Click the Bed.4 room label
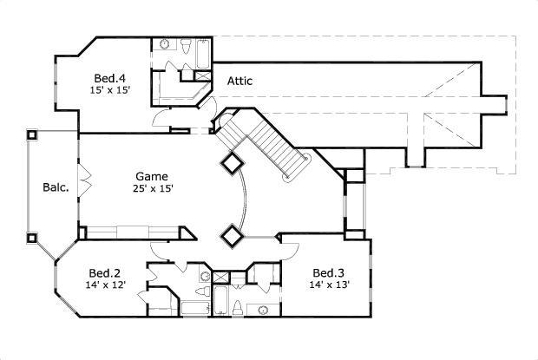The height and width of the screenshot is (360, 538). pos(110,78)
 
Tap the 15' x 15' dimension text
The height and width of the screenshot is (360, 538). pos(110,90)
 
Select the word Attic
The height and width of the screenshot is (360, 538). pos(239,81)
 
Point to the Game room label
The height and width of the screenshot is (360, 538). pos(152,176)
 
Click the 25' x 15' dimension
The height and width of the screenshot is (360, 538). pos(153,188)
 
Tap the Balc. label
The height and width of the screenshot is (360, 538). pos(56,187)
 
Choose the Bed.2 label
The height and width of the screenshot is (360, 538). pos(105,273)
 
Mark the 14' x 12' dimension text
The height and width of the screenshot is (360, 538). pos(106,285)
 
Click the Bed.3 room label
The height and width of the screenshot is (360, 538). pos(328,273)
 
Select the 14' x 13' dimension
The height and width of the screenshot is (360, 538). pos(330,285)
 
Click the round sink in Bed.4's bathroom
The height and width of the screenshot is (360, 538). pos(165,44)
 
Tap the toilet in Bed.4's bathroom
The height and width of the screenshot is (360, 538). pos(186,46)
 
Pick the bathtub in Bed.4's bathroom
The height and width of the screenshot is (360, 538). pos(203,54)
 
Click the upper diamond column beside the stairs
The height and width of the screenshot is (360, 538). pos(233,164)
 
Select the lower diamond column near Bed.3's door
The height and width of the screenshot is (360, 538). pos(232,236)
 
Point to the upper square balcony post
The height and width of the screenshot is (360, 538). pos(32,134)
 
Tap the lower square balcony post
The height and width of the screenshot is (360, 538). pos(32,238)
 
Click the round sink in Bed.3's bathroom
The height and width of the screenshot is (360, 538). pos(264,310)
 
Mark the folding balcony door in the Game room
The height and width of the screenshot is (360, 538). pos(84,181)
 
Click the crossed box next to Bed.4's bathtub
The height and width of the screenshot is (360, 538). pos(203,75)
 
